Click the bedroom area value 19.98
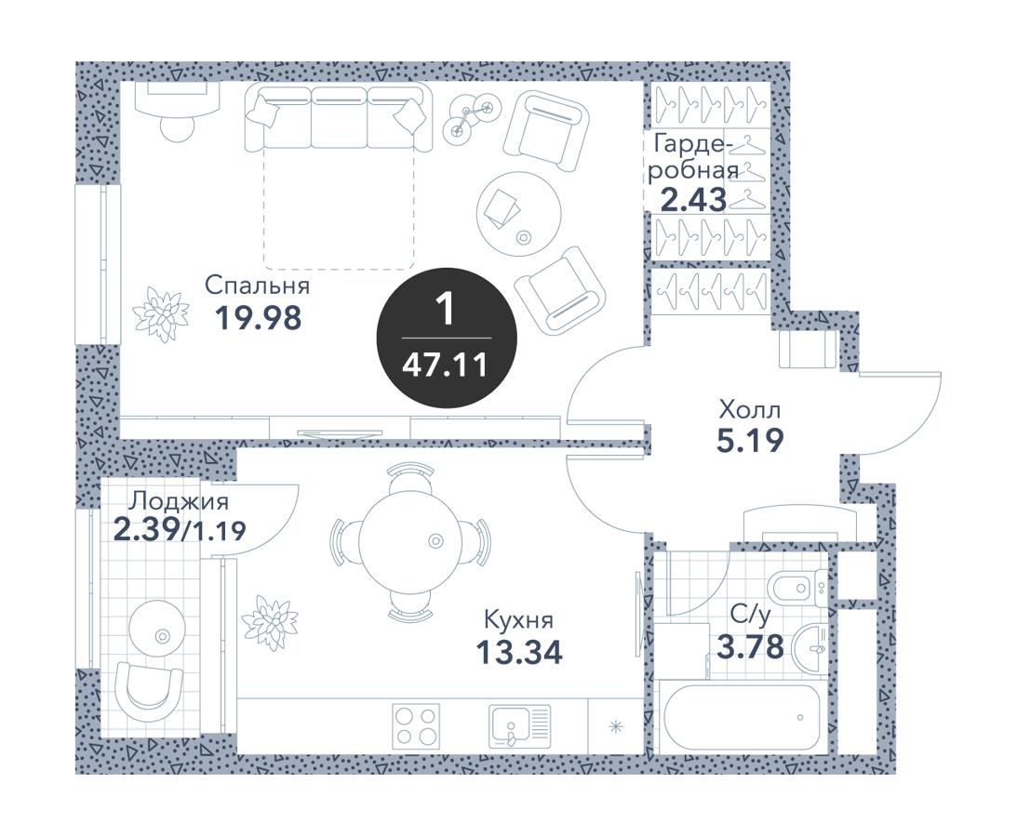coord(258,317)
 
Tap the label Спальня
coord(257,285)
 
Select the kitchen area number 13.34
coord(519,652)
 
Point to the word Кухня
coord(519,620)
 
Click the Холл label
coord(750,409)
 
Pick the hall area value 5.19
coord(751,441)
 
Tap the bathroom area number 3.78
coord(750,646)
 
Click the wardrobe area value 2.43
coord(693,200)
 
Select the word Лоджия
coord(179,501)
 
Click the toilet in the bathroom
coord(796,589)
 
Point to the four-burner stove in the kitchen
coord(416,726)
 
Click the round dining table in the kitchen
coord(411,540)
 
